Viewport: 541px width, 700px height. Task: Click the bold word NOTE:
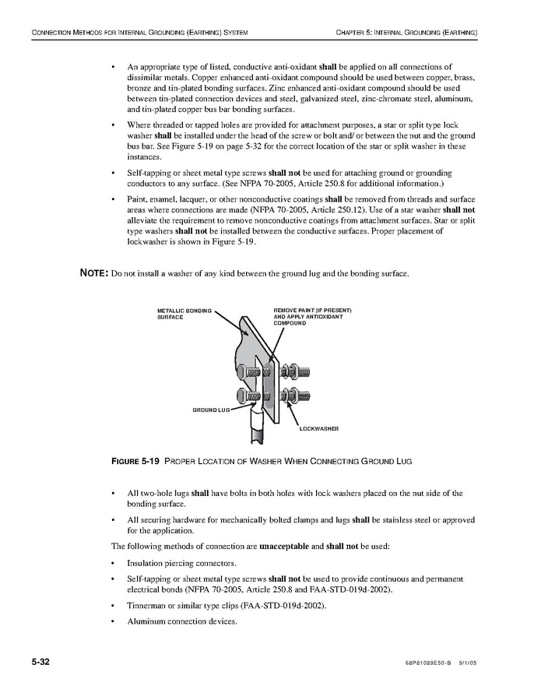click(x=95, y=273)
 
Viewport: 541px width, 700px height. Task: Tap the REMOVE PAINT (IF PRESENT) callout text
click(x=312, y=311)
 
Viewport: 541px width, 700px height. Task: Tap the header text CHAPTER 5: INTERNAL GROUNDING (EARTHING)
click(x=406, y=32)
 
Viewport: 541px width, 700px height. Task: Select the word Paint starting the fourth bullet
click(x=137, y=199)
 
